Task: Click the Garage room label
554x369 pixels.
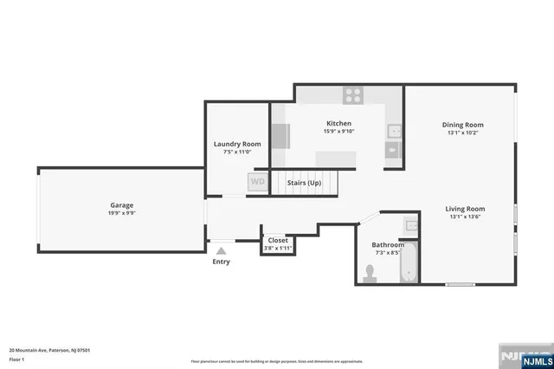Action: [121, 205]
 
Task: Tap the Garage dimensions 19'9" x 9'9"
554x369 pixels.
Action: [121, 213]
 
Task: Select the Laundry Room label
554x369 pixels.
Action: [236, 144]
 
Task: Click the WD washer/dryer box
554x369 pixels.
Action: [257, 183]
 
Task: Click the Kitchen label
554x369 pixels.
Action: [338, 123]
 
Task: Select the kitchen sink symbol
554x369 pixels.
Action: [393, 132]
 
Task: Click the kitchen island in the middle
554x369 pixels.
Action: [336, 158]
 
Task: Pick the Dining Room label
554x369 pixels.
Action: [462, 125]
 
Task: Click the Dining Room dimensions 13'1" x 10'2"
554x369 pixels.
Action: [462, 133]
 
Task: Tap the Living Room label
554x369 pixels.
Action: [465, 209]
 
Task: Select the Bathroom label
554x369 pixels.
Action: [388, 245]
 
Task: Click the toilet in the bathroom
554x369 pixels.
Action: [370, 273]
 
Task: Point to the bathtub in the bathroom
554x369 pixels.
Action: [409, 266]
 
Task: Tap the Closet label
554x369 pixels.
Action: [278, 240]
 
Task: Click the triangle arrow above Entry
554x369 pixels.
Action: [221, 251]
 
